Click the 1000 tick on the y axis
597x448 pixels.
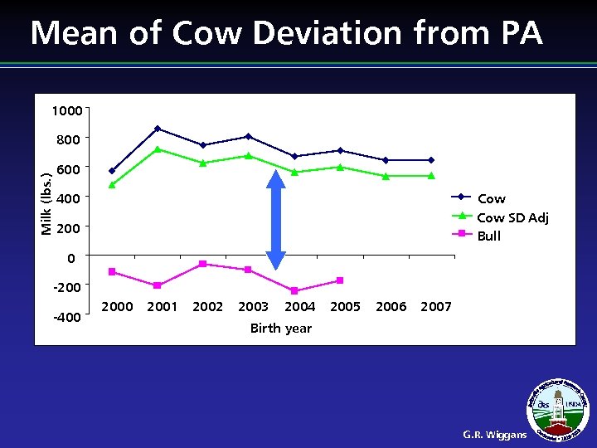coord(66,111)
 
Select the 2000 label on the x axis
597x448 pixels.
coord(116,307)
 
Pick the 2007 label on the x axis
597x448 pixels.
coord(436,307)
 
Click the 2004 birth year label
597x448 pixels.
coord(299,307)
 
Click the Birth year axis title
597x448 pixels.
coord(281,329)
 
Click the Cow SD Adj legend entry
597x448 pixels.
coord(512,217)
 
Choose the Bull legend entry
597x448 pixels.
coord(489,236)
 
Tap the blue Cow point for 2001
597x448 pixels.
coord(158,129)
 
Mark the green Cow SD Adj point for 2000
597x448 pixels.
coord(112,185)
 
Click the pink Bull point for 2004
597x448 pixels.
coord(294,290)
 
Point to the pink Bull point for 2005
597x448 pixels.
coord(340,280)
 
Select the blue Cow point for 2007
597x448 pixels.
coord(431,160)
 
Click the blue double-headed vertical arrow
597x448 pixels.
coord(276,219)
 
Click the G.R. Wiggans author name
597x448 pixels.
coord(494,434)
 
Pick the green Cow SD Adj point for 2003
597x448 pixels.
coord(249,155)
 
